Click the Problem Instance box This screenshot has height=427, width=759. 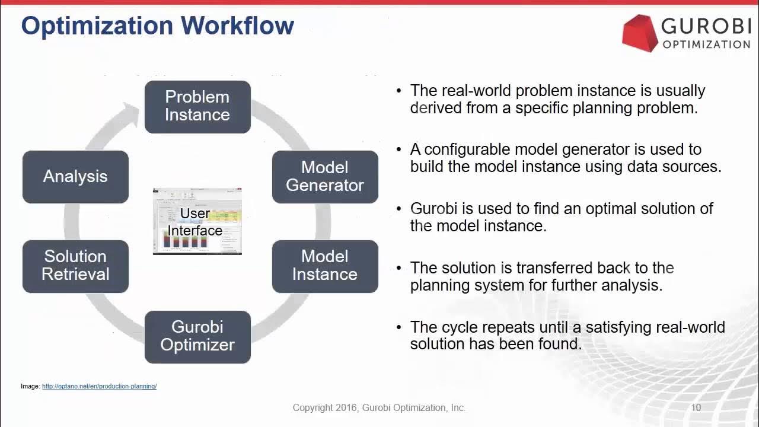197,107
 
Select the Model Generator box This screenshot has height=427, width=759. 325,177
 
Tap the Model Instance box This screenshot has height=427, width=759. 325,266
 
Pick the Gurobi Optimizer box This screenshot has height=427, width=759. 197,336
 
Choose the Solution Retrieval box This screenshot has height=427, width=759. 75,266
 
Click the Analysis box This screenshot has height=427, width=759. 75,177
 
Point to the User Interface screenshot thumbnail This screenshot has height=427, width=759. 197,222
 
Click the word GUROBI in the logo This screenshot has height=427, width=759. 706,27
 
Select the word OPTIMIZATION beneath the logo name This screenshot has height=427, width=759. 706,44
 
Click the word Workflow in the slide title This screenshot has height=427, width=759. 237,26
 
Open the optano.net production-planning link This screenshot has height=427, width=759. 99,387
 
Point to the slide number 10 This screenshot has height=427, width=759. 696,407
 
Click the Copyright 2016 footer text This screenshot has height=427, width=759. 379,407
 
